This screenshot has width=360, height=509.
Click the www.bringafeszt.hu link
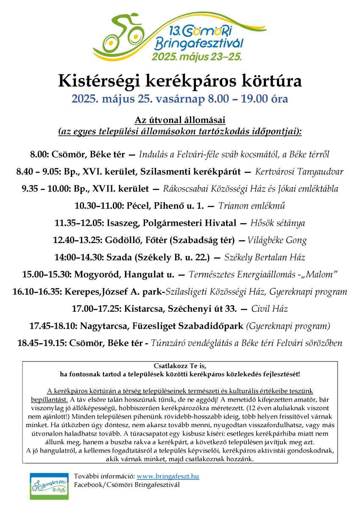pos(168,476)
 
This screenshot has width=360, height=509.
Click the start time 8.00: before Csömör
pos(40,154)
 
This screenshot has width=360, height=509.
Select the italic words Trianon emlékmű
pos(251,206)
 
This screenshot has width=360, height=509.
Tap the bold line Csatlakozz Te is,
pos(180,366)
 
